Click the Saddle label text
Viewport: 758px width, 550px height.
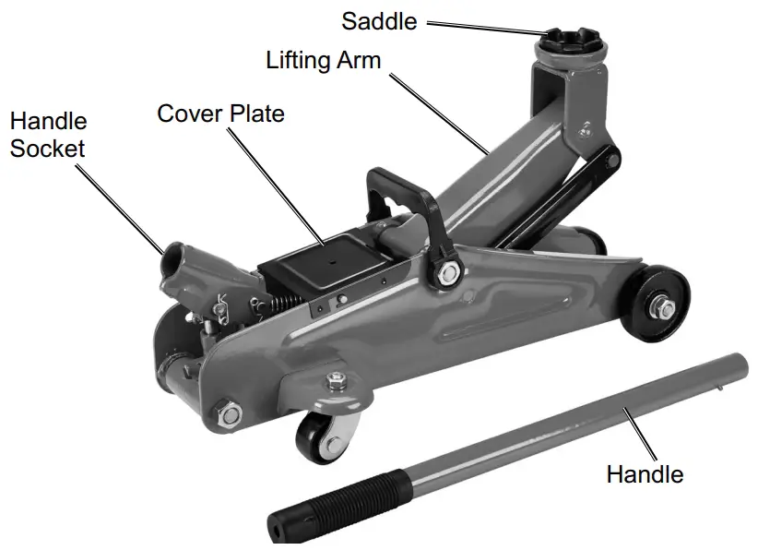click(x=380, y=20)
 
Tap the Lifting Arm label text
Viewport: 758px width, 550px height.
click(x=323, y=61)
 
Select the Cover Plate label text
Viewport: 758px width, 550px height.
click(x=220, y=114)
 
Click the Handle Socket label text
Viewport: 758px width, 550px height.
click(x=48, y=135)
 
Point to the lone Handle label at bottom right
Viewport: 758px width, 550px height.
click(x=645, y=474)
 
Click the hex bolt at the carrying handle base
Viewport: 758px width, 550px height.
click(x=448, y=272)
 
